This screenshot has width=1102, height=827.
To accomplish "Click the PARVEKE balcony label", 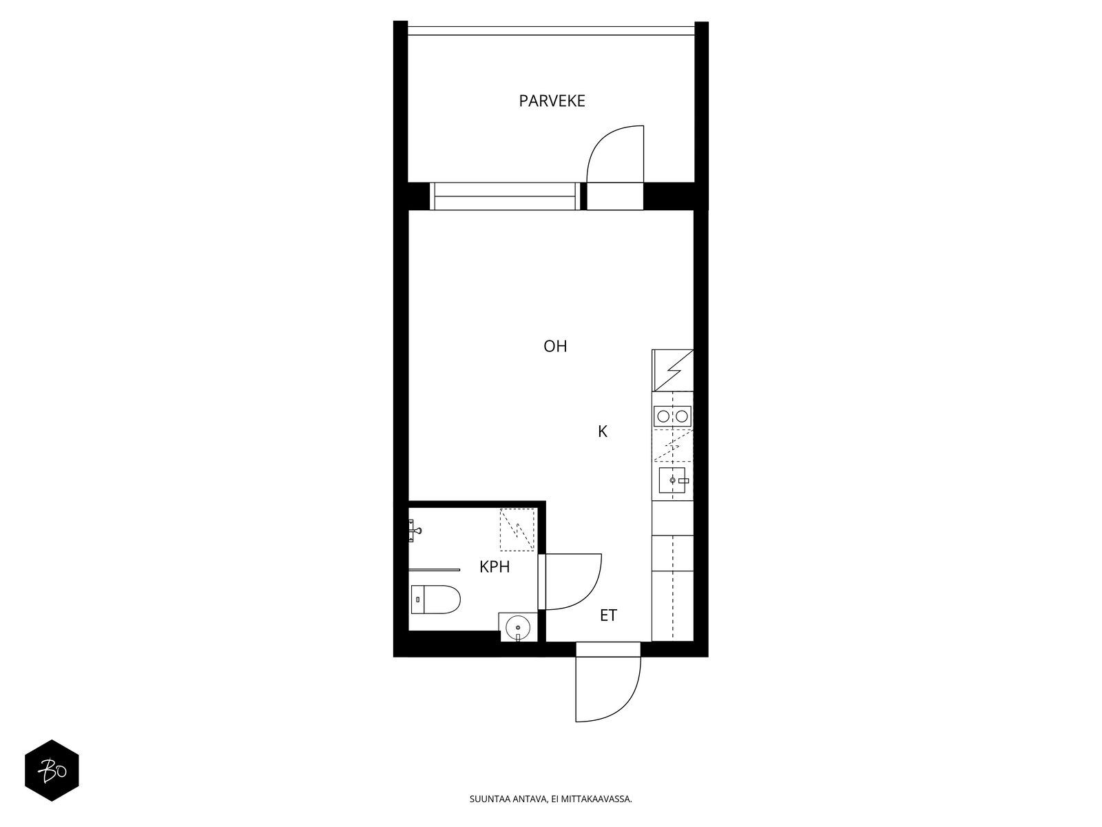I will tap(552, 101).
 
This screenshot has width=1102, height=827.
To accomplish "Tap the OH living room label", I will tap(555, 346).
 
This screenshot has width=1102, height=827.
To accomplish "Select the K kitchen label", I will tap(603, 432).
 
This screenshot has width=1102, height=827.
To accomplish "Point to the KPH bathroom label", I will tap(495, 567).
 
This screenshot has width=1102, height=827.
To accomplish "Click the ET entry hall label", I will tap(608, 615).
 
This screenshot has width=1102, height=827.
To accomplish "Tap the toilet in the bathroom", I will tap(435, 600).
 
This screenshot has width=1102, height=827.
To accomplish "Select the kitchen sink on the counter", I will tap(672, 480).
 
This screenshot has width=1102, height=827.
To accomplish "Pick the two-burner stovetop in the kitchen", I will tap(672, 416).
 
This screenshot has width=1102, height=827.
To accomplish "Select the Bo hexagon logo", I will tap(52, 770).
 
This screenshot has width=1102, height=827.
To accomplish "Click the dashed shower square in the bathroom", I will tap(517, 530).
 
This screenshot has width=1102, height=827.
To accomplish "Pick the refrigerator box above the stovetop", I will tap(672, 370).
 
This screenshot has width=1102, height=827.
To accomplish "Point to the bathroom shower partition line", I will tap(434, 569).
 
